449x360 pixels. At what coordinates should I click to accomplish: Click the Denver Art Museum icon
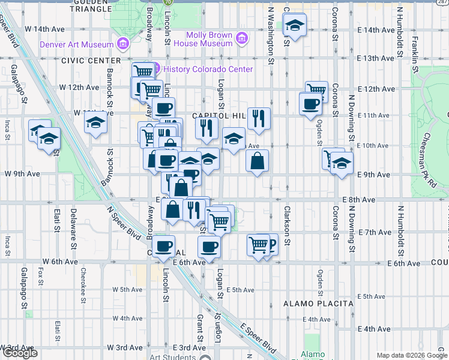(123, 44)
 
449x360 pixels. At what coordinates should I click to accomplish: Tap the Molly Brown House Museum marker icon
(242, 38)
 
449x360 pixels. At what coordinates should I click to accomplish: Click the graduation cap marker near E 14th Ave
(294, 26)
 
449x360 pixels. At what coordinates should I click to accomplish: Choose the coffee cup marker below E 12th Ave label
(311, 103)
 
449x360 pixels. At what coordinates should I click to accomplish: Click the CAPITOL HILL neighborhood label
(216, 115)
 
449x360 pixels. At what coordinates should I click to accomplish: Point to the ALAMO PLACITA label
(318, 304)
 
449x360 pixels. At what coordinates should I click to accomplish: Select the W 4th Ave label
(128, 318)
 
